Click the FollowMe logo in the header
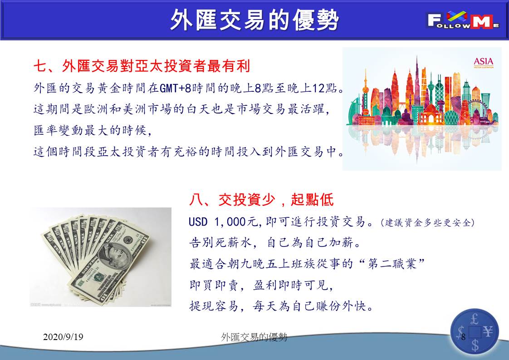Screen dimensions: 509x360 pos(463,20)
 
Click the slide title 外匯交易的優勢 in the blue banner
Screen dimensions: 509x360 pos(254,20)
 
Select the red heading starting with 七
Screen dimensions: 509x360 pos(142,66)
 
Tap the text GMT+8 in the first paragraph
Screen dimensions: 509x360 pos(175,88)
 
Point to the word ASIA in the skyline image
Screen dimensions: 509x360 pos(483,61)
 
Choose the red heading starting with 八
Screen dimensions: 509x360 pos(261,199)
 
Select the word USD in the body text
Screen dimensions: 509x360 pos(198,222)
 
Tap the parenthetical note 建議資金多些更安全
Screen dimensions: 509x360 pos(428,222)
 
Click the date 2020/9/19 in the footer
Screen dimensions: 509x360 pos(63,336)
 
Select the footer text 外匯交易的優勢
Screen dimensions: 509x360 pos(254,337)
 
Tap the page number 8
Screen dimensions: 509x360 pos(463,337)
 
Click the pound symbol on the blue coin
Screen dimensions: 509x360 pos(474,320)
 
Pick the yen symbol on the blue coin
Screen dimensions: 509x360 pos(488,331)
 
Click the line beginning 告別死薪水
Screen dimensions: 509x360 pos(274,243)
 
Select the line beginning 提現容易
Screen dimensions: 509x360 pos(281,306)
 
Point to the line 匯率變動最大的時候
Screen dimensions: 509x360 pos(93,130)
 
